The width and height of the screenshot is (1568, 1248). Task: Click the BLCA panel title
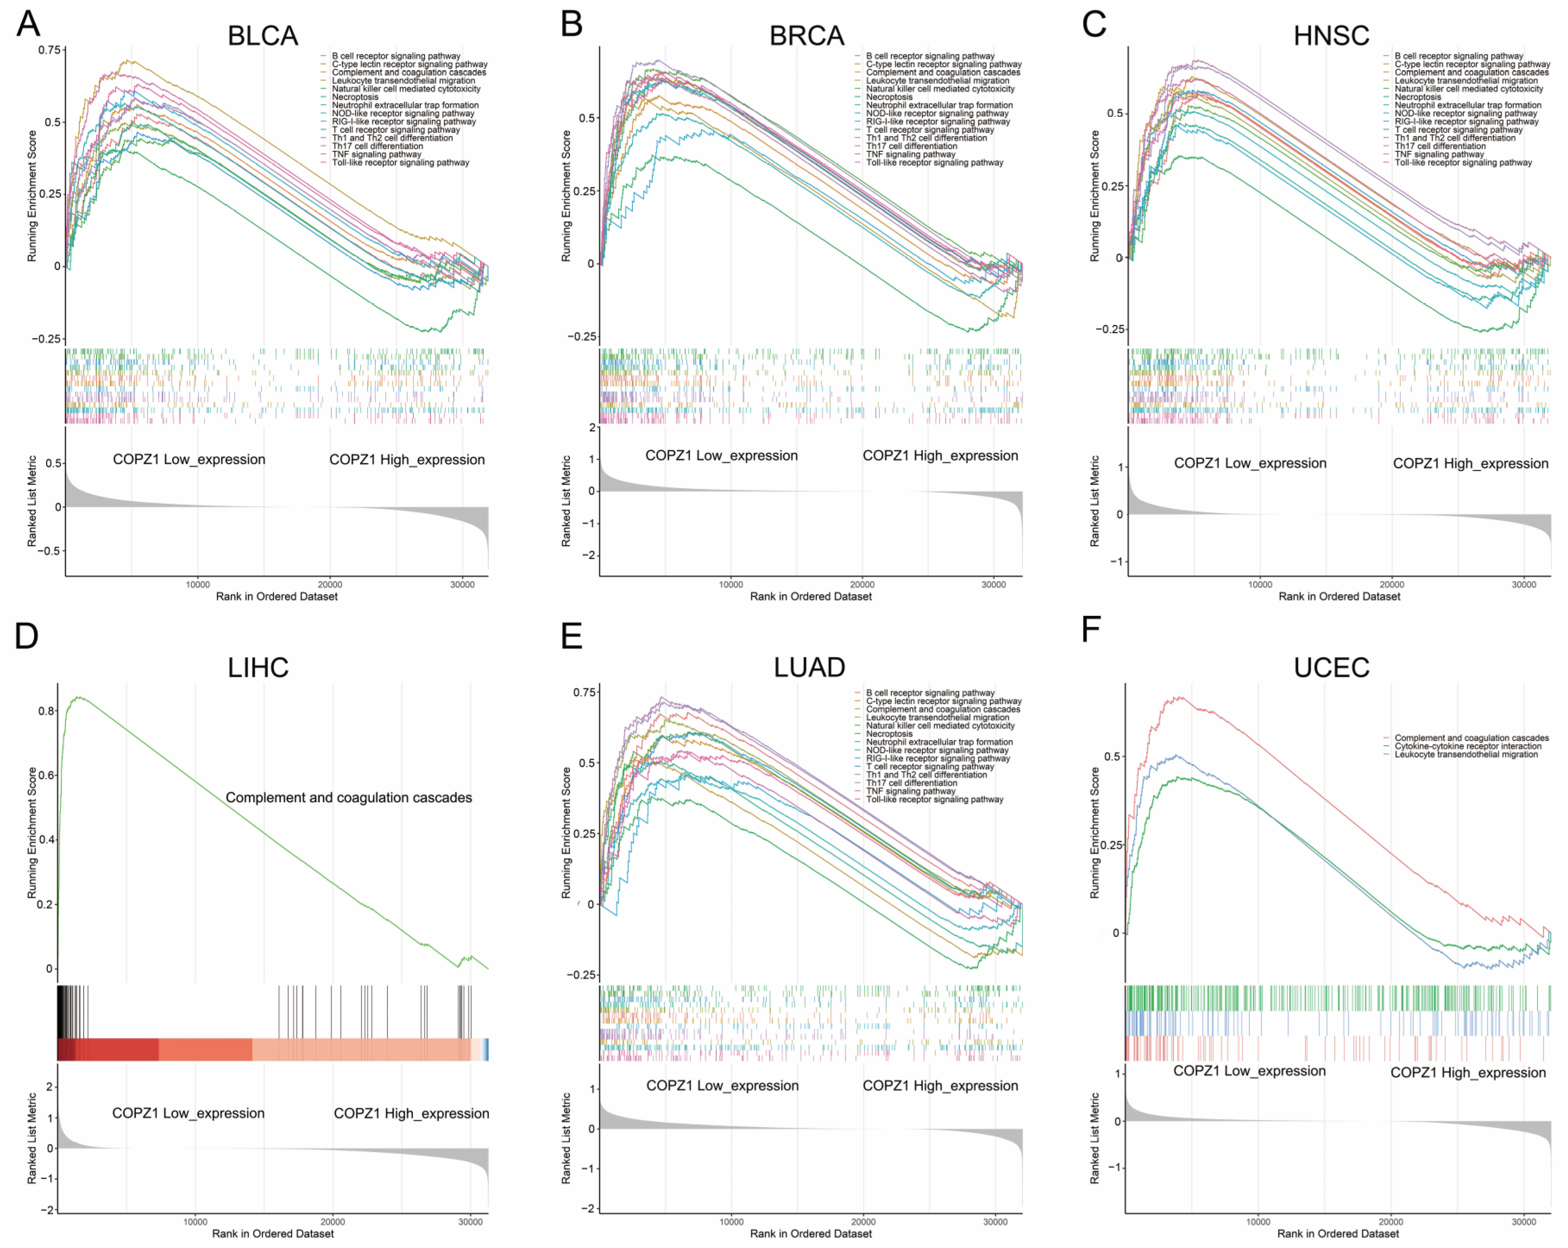262,36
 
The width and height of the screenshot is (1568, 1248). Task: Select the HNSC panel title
1331,36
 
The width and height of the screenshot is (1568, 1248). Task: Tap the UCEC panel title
1331,667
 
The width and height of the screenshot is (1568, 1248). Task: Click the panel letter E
572,636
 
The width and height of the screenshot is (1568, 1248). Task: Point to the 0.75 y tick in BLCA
50,50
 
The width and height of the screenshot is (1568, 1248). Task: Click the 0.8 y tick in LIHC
46,711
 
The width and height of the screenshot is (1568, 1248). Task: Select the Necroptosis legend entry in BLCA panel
355,97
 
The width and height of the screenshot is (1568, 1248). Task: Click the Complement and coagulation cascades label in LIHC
348,797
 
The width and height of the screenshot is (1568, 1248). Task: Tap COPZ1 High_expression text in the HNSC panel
1470,463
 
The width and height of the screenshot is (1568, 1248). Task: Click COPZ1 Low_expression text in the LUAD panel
722,1085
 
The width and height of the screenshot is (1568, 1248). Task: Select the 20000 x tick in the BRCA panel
863,584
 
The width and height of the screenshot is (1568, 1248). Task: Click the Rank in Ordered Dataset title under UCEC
1338,1233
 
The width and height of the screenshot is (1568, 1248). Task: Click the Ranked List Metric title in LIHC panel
31,1138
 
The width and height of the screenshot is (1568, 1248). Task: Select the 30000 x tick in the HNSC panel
1524,584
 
